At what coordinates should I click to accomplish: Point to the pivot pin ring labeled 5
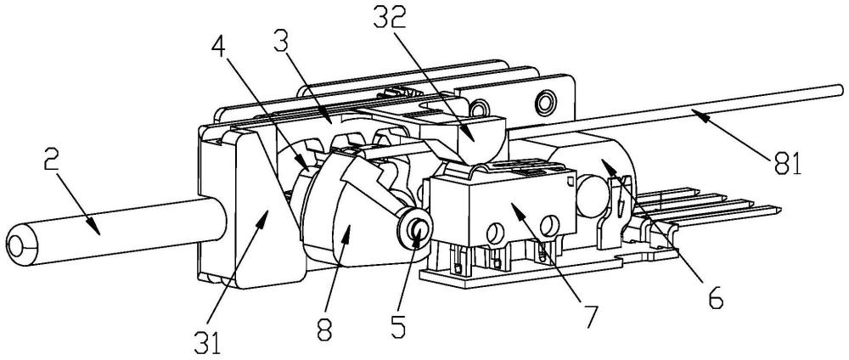[x=417, y=228]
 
